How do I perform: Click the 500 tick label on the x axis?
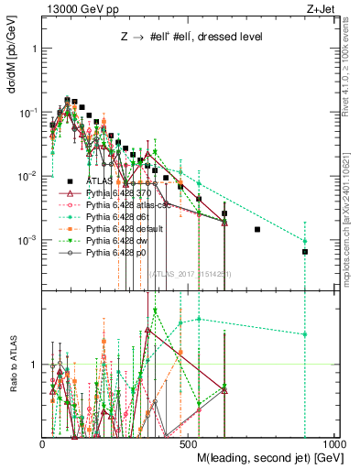pos(188,443)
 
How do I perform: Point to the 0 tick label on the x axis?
pos(43,443)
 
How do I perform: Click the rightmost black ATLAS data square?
pos(305,251)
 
